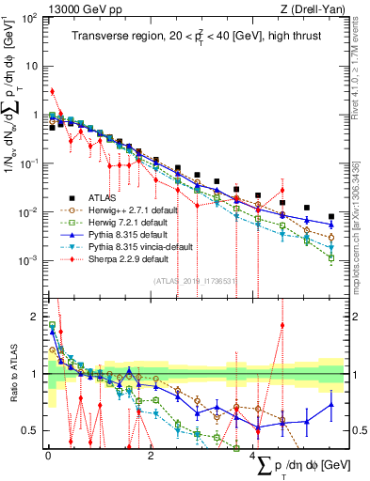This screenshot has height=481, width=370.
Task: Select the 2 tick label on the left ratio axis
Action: click(34, 318)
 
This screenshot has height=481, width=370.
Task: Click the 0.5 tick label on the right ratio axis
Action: click(358, 430)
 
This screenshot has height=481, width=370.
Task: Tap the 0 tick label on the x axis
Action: click(48, 455)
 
